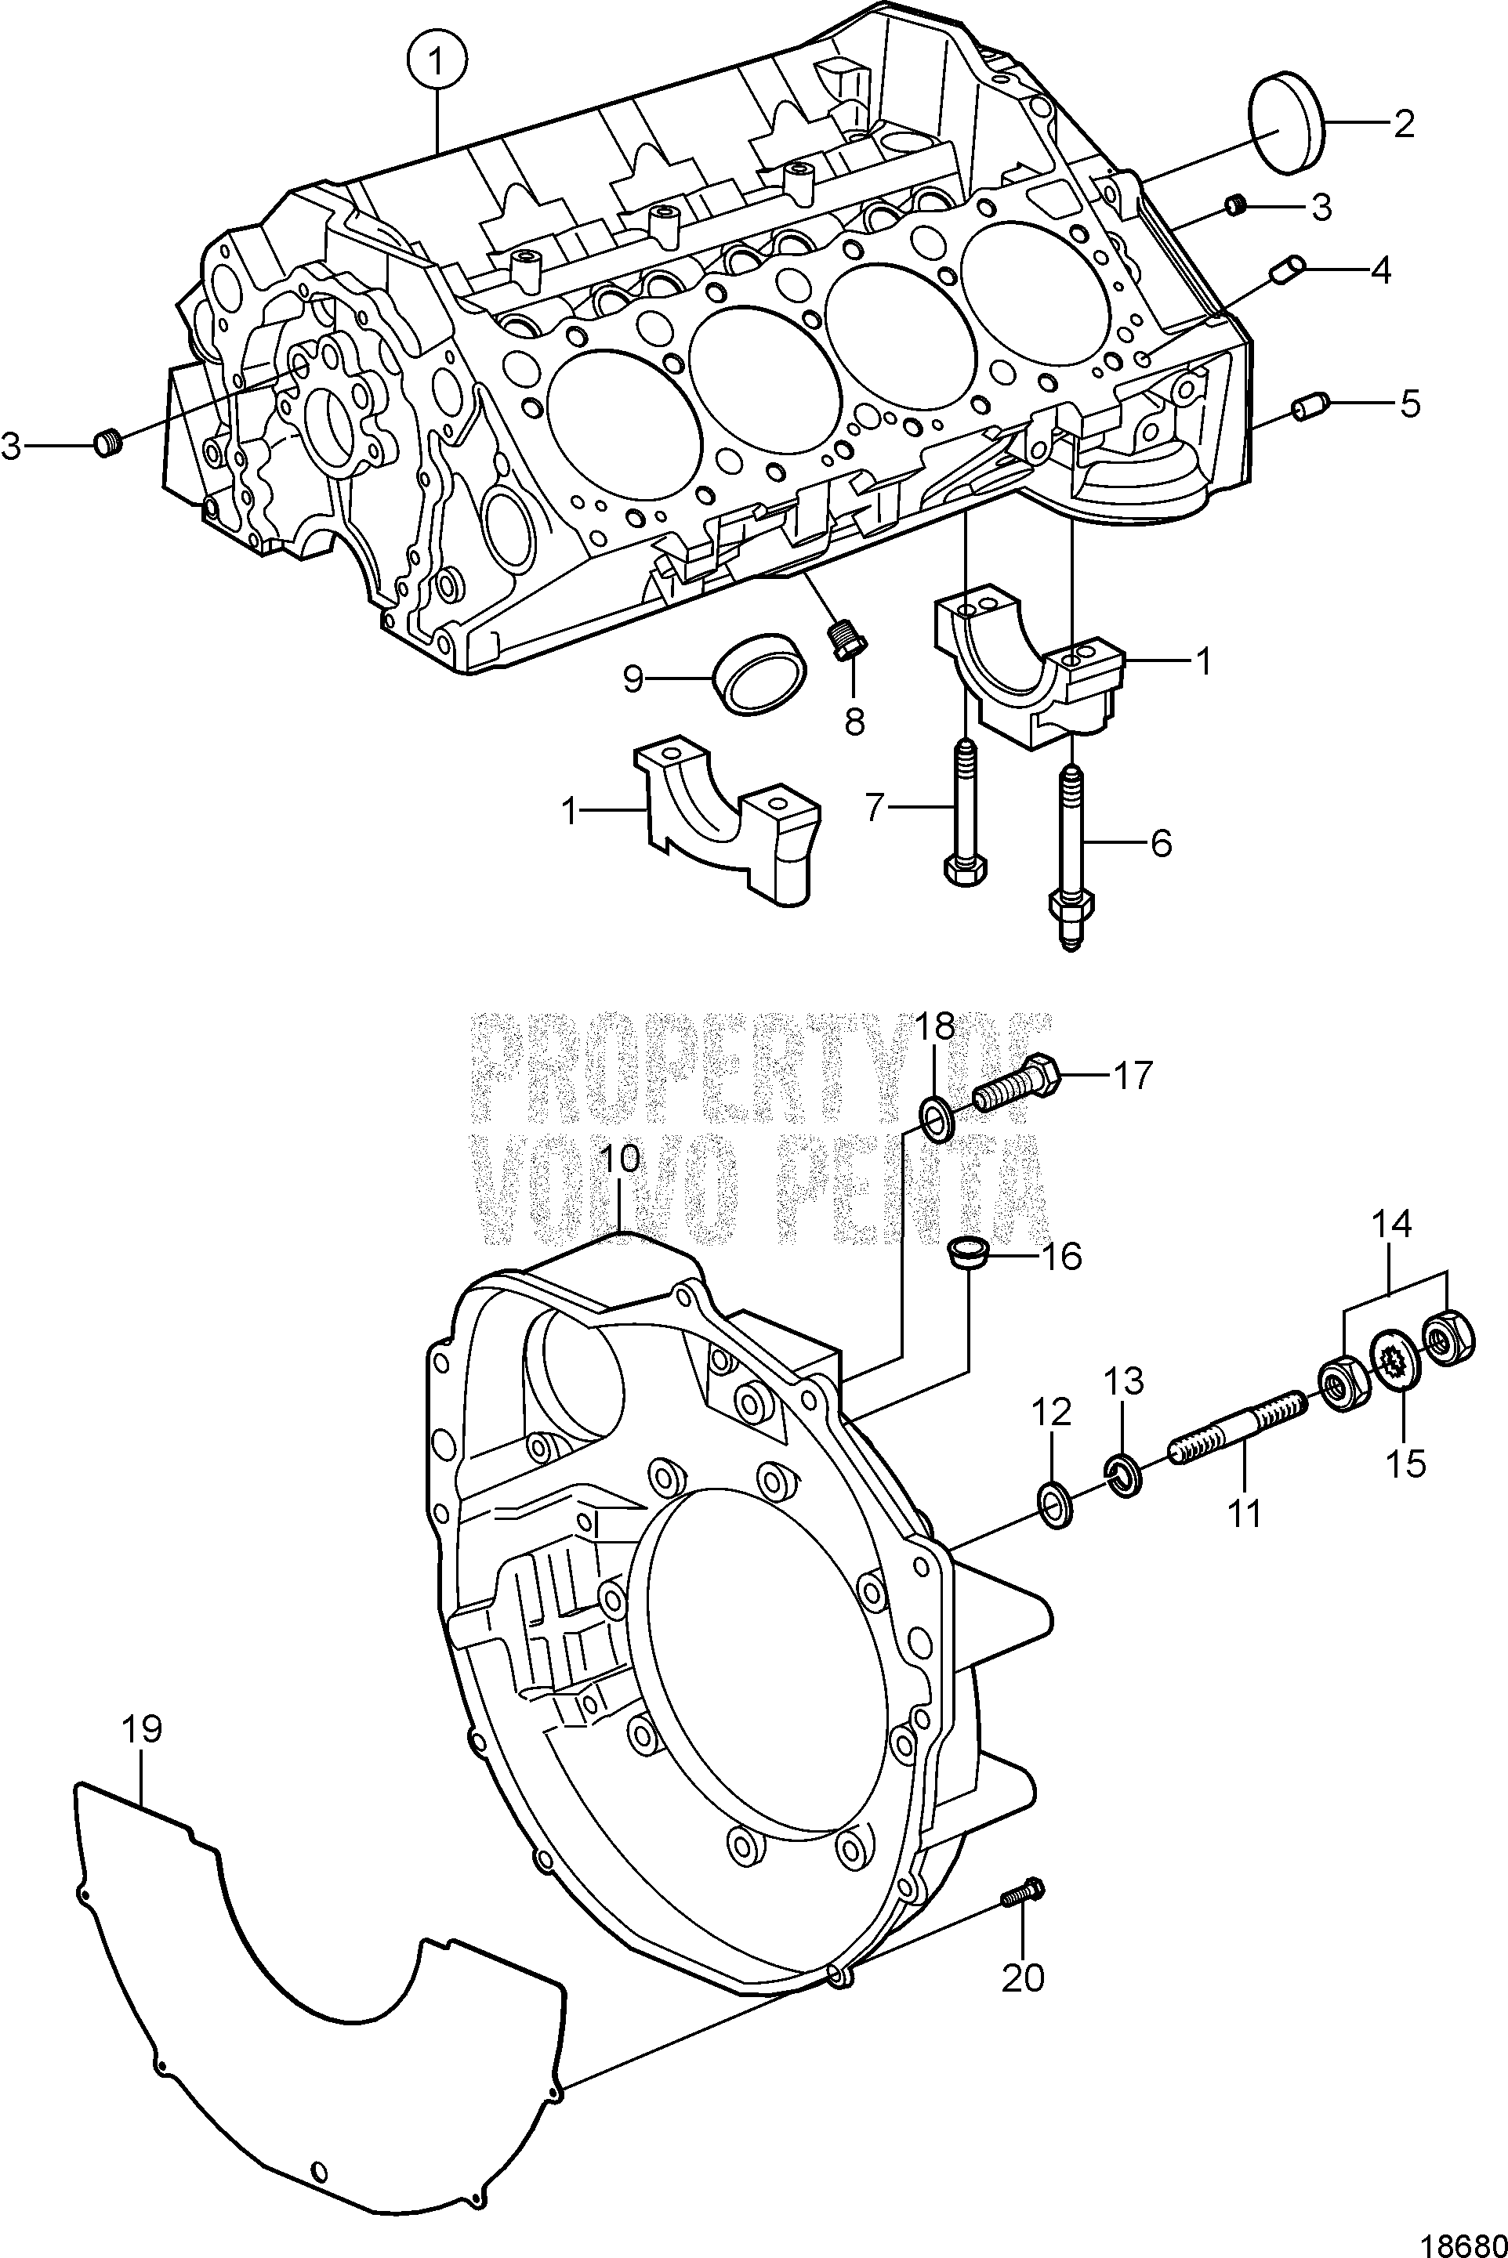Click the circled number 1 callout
pyautogui.click(x=437, y=63)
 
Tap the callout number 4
pyautogui.click(x=1380, y=271)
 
